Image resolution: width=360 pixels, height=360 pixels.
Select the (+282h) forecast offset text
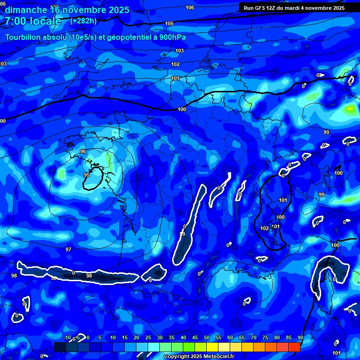pos(83,21)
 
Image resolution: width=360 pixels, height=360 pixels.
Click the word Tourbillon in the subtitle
pos(24,37)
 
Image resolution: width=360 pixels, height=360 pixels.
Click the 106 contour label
pos(190,7)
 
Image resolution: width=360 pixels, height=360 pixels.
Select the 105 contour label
pos(169,23)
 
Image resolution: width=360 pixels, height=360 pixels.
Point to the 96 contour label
pos(83,151)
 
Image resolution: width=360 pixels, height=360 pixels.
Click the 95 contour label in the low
pos(87,175)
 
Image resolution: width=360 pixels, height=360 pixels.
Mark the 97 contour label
pos(68,249)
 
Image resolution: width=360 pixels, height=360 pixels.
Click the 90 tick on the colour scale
pos(300,337)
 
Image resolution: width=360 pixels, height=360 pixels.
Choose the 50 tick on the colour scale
pos(207,337)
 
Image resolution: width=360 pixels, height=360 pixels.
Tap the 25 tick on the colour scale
pos(148,337)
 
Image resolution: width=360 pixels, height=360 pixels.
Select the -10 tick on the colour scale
pos(67,337)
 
